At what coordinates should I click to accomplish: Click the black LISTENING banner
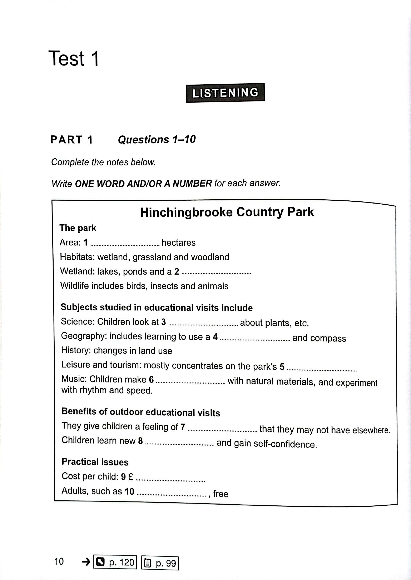tap(225, 93)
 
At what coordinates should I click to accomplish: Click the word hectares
tap(178, 242)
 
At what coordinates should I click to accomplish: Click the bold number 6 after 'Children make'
tap(151, 379)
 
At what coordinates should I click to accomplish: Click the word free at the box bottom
tap(221, 494)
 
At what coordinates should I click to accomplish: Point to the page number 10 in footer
tap(59, 561)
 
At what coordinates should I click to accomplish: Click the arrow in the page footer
tap(86, 562)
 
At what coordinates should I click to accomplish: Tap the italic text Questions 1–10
tap(157, 139)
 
